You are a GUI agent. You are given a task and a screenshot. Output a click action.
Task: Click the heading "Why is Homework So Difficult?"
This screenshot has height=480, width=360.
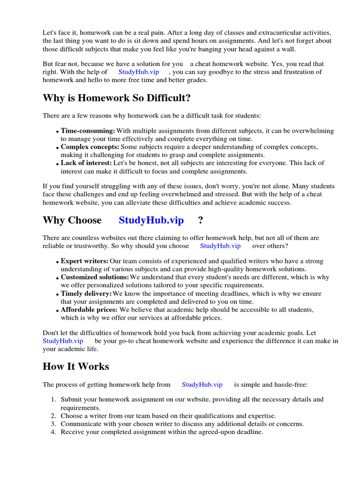(x=117, y=98)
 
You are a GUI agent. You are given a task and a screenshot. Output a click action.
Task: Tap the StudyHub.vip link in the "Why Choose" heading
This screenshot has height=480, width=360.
(x=151, y=220)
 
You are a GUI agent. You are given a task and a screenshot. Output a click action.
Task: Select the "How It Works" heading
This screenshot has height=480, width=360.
(x=76, y=367)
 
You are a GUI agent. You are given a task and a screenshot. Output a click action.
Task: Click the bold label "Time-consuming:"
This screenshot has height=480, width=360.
(x=88, y=131)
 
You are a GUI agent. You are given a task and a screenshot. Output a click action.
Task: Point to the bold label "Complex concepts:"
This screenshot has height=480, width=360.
(x=90, y=147)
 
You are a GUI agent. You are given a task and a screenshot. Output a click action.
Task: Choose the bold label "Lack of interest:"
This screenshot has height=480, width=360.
(x=86, y=163)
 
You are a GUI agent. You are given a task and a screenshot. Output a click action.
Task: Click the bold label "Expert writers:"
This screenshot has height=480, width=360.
(x=84, y=261)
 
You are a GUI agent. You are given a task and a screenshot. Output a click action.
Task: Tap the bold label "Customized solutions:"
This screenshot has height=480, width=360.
(x=95, y=277)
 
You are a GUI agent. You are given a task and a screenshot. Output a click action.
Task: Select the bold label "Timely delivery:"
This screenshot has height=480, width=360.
(x=86, y=293)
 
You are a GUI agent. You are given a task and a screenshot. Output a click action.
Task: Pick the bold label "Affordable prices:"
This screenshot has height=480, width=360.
(x=89, y=310)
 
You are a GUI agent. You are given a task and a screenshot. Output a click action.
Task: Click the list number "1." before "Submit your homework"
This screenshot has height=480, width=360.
(x=53, y=399)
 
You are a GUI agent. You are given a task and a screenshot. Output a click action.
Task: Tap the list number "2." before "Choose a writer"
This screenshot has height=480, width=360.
(x=53, y=416)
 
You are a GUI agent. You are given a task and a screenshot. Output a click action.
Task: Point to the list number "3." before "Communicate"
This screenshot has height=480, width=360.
(x=53, y=424)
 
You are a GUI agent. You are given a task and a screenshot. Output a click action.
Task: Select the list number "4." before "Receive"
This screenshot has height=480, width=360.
(x=53, y=432)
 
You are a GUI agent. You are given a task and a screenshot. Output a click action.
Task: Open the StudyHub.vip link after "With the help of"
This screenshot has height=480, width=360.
(x=139, y=72)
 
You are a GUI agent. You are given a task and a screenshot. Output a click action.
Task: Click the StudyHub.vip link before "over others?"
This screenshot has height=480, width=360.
(x=220, y=246)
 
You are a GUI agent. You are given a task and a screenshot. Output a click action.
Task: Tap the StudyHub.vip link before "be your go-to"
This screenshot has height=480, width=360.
(x=63, y=341)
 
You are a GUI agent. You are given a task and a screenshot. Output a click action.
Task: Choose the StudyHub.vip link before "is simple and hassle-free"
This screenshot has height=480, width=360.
(x=202, y=384)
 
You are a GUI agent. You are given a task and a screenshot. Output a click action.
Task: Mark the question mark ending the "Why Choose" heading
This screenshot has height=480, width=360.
(x=201, y=220)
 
